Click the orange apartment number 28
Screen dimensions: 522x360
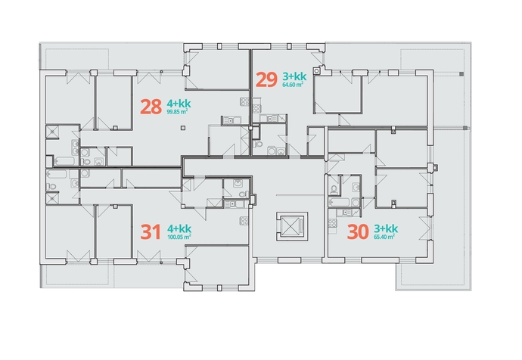[151, 107]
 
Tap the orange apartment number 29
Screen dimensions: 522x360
[266, 80]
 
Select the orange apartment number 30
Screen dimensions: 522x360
[358, 232]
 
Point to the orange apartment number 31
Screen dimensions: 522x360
[151, 232]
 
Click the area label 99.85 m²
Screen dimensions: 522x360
[177, 112]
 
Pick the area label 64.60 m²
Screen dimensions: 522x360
[293, 85]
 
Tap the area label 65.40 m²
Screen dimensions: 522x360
[384, 237]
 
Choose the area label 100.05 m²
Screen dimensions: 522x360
[179, 237]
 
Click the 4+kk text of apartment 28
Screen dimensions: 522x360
[179, 103]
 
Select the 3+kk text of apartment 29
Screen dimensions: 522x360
[294, 76]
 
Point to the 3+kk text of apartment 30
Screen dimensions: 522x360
[386, 228]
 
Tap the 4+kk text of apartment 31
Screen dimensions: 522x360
[179, 228]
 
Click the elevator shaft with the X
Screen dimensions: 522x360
[291, 226]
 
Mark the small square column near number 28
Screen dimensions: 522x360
[182, 128]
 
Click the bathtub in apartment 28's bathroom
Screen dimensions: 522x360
[64, 161]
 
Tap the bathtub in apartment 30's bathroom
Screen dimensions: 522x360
[339, 202]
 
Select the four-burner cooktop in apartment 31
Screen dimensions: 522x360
[244, 220]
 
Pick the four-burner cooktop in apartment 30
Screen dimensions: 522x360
[332, 223]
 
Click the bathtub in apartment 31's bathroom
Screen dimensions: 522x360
[57, 174]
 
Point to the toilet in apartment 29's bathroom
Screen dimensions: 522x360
[258, 144]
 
